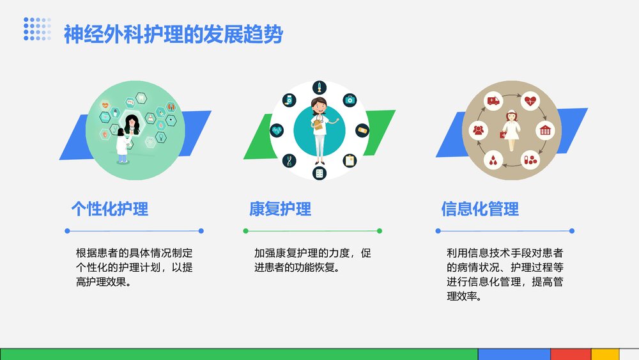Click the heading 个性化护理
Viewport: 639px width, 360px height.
pos(109,209)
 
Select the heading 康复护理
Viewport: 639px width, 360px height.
pos(280,209)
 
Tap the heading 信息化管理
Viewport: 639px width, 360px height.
pos(480,209)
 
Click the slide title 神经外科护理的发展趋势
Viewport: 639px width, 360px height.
pos(173,35)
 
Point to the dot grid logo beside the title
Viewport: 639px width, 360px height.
pos(38,29)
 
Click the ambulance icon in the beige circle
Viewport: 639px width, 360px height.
pos(493,100)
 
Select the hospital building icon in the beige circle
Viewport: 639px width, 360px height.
pos(545,130)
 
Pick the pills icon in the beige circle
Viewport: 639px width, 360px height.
pos(530,160)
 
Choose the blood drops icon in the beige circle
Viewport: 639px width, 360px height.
pos(493,160)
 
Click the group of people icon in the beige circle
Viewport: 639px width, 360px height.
pos(477,130)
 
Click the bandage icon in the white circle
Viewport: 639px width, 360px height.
pos(363,130)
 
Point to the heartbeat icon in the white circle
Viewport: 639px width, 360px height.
pos(277,130)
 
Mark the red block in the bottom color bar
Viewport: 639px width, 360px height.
pos(571,354)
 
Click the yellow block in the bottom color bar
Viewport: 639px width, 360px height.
pos(604,354)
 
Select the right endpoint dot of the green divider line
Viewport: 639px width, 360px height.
pos(380,231)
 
